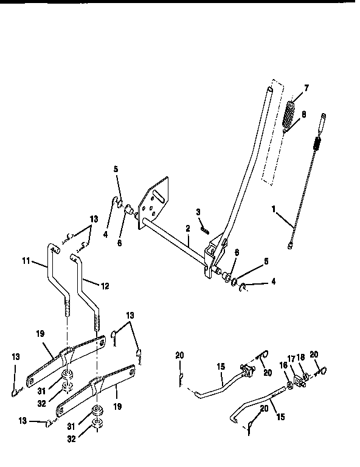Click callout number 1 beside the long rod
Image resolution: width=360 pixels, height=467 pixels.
tap(275, 209)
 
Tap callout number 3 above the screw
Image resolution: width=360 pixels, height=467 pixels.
tap(198, 211)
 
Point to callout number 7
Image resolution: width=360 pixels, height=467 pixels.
tap(306, 88)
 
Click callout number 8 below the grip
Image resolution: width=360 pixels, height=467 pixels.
tap(304, 113)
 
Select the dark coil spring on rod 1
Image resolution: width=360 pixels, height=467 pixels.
tap(316, 144)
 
